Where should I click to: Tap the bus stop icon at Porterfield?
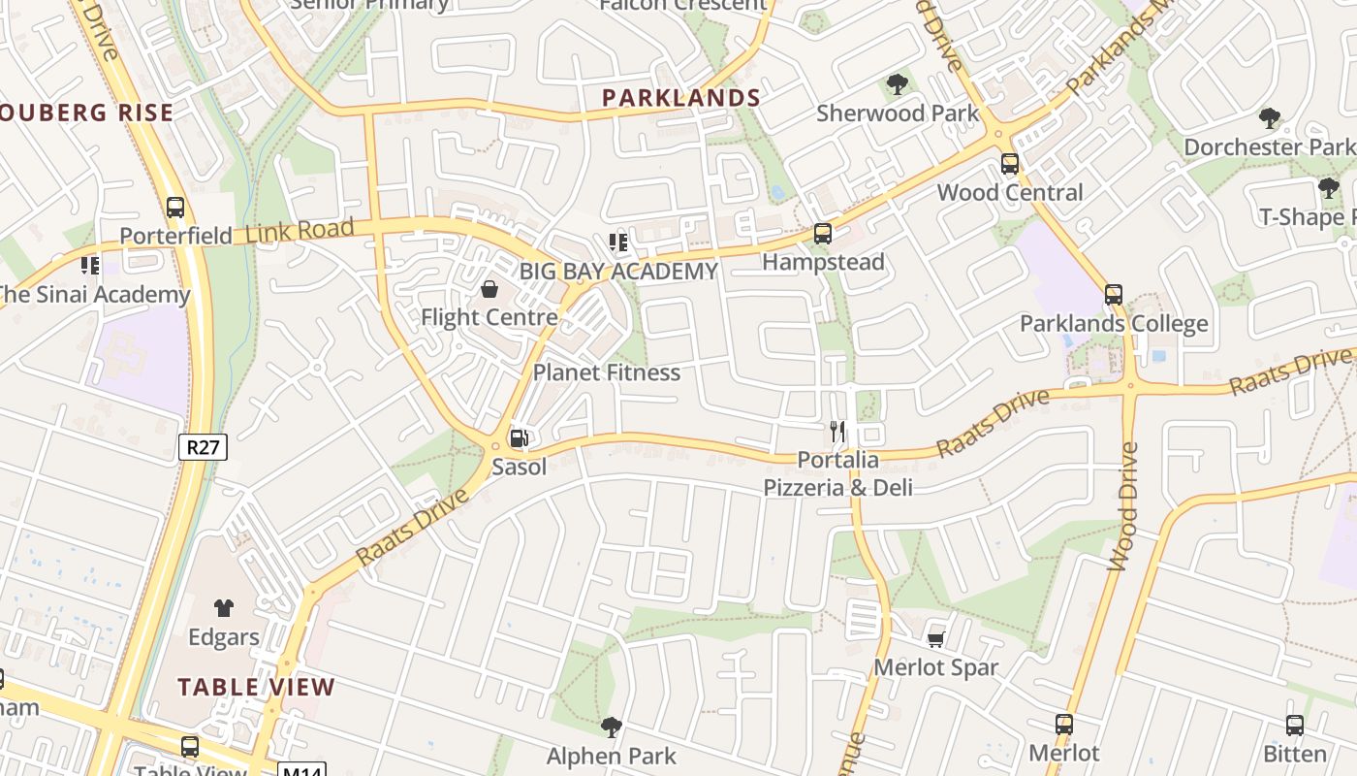point(175,207)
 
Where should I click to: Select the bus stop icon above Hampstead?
point(823,233)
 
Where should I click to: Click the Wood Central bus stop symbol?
point(1009,163)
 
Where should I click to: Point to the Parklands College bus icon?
point(1114,294)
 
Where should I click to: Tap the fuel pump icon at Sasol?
point(520,438)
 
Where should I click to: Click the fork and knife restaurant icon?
point(837,432)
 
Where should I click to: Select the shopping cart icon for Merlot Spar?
point(935,638)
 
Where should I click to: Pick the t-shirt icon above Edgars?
point(224,608)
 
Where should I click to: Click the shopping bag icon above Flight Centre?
point(489,288)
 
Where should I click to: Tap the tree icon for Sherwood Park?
point(898,84)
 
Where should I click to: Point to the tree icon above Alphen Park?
point(611,727)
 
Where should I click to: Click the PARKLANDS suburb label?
point(681,98)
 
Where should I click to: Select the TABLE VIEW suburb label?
point(256,688)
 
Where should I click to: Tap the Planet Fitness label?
point(607,372)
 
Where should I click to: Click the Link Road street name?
point(300,231)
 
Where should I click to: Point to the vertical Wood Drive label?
point(1122,506)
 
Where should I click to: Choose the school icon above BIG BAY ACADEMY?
point(617,242)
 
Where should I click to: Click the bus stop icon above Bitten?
point(1295,725)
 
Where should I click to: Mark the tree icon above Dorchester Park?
point(1270,119)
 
